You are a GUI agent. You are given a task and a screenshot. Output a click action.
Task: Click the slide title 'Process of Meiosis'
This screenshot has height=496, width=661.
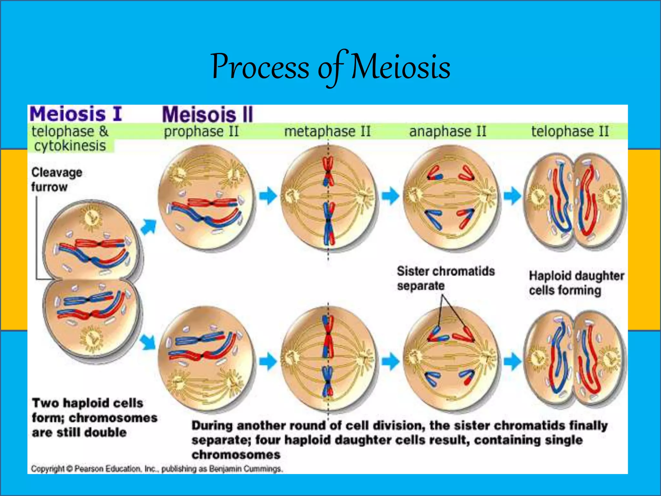(330, 67)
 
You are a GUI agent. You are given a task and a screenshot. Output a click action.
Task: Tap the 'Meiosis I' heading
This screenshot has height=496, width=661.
(76, 114)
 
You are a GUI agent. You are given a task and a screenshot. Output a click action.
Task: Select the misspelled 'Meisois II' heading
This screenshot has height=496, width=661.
(208, 115)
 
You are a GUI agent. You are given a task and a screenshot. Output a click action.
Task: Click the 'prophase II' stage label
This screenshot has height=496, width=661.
(201, 131)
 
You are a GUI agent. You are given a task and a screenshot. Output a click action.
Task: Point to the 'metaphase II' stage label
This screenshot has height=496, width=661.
(327, 131)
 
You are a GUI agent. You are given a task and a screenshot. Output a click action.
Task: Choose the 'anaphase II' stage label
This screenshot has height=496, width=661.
(448, 131)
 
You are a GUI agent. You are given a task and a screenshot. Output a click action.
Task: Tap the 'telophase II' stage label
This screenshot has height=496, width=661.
(570, 131)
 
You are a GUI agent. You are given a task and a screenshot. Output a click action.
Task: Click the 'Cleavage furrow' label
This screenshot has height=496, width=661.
(56, 180)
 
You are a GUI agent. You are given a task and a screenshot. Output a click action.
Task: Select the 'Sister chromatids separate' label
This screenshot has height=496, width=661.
(445, 278)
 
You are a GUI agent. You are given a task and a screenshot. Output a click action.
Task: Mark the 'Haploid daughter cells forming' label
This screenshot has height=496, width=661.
(576, 283)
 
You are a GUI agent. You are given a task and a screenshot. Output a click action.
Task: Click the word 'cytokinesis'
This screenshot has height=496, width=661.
(70, 146)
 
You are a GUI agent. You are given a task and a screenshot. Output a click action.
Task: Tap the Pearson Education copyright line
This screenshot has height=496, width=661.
(157, 469)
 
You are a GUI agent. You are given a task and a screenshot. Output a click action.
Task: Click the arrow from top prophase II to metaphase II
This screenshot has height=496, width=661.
(268, 196)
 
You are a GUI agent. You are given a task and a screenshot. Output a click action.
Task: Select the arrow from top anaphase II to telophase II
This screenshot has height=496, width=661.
(512, 196)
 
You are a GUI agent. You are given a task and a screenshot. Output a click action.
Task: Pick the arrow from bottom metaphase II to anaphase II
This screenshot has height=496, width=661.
(390, 361)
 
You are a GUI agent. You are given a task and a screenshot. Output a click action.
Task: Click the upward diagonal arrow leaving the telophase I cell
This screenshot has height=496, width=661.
(149, 226)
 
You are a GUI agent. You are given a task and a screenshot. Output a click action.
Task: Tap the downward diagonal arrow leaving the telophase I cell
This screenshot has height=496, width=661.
(148, 342)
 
